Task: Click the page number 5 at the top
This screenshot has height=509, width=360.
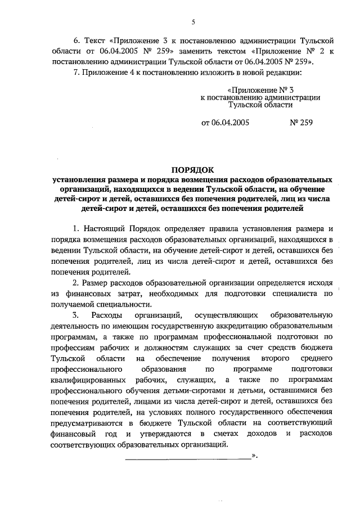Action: (193, 22)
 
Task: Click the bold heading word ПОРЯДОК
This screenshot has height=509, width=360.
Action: (193, 169)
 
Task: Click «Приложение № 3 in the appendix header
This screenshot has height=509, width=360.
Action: (260, 89)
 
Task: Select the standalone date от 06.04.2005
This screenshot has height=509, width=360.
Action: (225, 121)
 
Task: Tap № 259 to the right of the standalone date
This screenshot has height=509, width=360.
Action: (300, 121)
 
